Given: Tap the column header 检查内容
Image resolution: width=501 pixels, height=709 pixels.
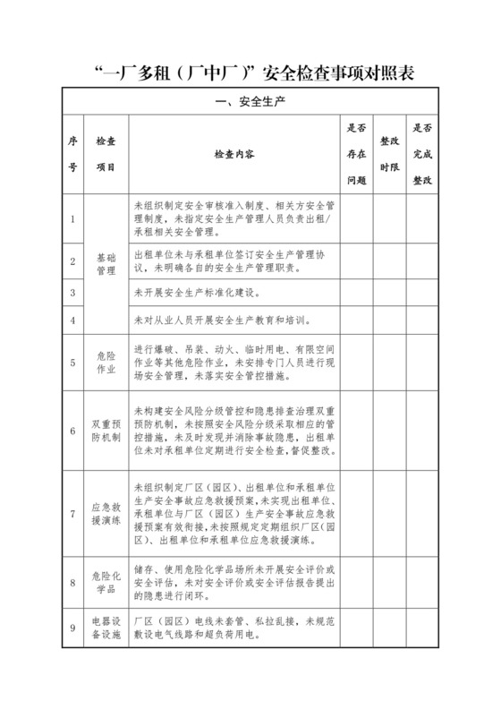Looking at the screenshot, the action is (x=234, y=154).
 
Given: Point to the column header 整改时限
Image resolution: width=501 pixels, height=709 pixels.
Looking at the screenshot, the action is (x=389, y=154).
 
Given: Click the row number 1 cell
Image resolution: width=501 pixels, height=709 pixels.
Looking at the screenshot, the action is (x=72, y=218).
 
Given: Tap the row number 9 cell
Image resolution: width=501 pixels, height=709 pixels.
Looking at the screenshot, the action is (x=72, y=628).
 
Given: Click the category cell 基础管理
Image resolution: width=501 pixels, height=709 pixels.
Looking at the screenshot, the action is (x=106, y=263).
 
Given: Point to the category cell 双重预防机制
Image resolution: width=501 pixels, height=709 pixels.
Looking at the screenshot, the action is (x=106, y=430).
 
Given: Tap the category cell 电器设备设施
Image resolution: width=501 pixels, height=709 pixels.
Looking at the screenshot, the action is (x=106, y=628).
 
